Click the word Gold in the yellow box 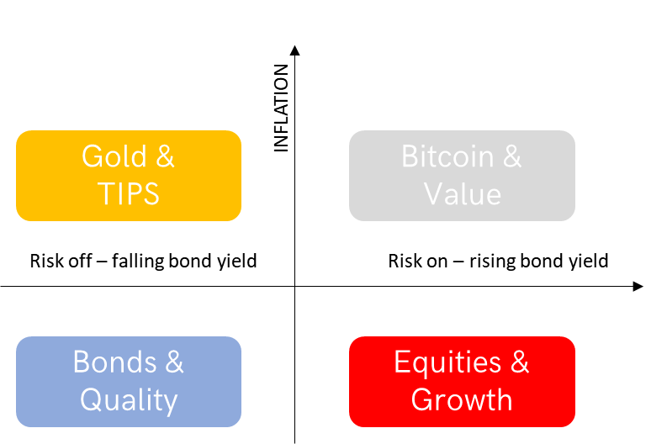pyautogui.click(x=114, y=156)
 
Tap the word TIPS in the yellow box pyautogui.click(x=129, y=194)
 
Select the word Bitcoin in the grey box pyautogui.click(x=447, y=156)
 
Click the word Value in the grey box pyautogui.click(x=463, y=194)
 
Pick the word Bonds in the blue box pyautogui.click(x=115, y=362)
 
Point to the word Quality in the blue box pyautogui.click(x=129, y=400)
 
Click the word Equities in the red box pyautogui.click(x=447, y=362)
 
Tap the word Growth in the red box pyautogui.click(x=462, y=399)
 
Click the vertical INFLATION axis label pyautogui.click(x=281, y=108)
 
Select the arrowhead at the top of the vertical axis pyautogui.click(x=294, y=50)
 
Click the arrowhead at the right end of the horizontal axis pyautogui.click(x=638, y=286)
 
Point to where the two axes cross pyautogui.click(x=294, y=286)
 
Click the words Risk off pyautogui.click(x=61, y=261)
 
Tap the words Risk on pyautogui.click(x=418, y=261)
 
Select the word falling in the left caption pyautogui.click(x=138, y=261)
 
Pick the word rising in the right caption pyautogui.click(x=492, y=261)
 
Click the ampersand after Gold pyautogui.click(x=165, y=156)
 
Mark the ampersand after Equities pyautogui.click(x=520, y=362)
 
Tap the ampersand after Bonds pyautogui.click(x=174, y=362)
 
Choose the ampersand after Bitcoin pyautogui.click(x=512, y=156)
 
